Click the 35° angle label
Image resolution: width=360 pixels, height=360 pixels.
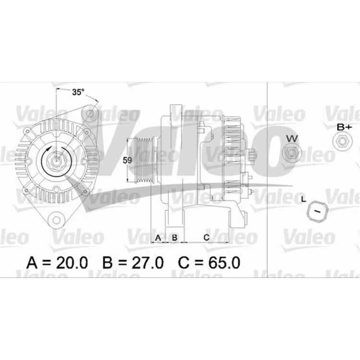pos(78,92)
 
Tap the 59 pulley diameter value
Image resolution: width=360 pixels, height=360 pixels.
pos(127,160)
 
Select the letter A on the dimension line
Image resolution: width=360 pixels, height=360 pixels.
pos(158,238)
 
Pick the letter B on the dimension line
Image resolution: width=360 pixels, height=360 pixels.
pos(175,238)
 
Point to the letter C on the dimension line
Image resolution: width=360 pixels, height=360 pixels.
pos(206,238)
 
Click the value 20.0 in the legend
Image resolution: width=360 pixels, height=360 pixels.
pos(72,263)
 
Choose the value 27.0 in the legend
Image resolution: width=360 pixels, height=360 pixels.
pos(148,263)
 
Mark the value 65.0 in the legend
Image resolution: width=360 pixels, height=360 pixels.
pos(224,263)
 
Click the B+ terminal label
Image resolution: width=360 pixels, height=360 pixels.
pos(344,127)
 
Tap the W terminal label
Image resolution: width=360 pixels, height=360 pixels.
pos(292,138)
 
